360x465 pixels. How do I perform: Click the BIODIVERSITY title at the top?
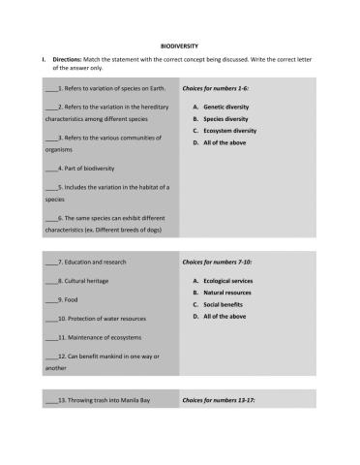tap(179, 45)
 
